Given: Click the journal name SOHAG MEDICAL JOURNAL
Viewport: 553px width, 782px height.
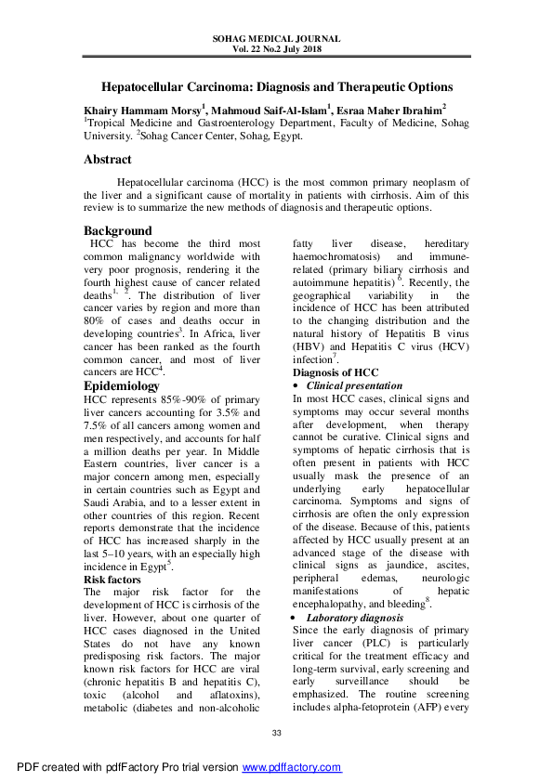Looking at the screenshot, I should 276,40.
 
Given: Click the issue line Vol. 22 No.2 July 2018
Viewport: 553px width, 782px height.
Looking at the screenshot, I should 276,51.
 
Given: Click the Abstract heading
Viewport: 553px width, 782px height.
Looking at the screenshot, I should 107,160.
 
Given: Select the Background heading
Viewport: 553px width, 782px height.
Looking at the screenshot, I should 117,230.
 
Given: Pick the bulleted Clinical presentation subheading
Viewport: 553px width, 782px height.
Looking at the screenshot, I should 354,385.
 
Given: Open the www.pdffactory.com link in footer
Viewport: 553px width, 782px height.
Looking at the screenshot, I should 292,767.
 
